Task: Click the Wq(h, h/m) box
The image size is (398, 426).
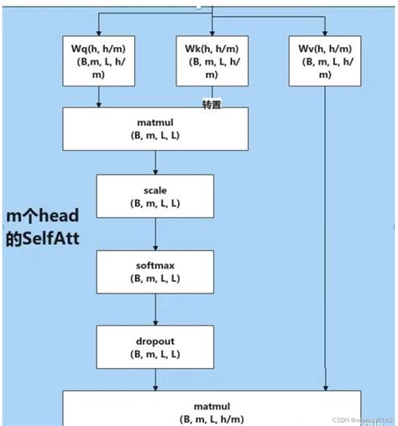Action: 100,60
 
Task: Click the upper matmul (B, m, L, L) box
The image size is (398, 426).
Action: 155,128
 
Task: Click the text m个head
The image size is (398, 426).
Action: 42,217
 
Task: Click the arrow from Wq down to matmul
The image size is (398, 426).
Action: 100,97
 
